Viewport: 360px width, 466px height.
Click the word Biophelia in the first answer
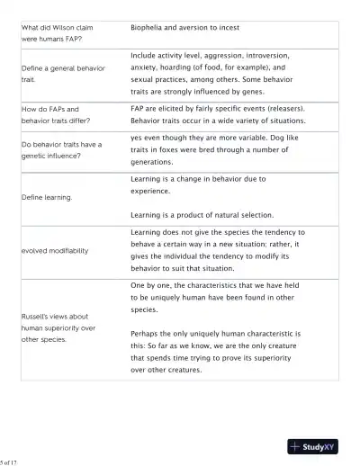[149, 29]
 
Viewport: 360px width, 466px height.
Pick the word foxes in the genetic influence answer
[169, 150]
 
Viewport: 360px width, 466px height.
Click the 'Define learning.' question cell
[47, 196]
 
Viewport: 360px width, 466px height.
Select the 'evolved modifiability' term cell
[55, 250]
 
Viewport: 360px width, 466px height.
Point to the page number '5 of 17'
[10, 462]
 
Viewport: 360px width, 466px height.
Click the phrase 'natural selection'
[242, 215]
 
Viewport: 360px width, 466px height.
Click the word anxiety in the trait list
[148, 67]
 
